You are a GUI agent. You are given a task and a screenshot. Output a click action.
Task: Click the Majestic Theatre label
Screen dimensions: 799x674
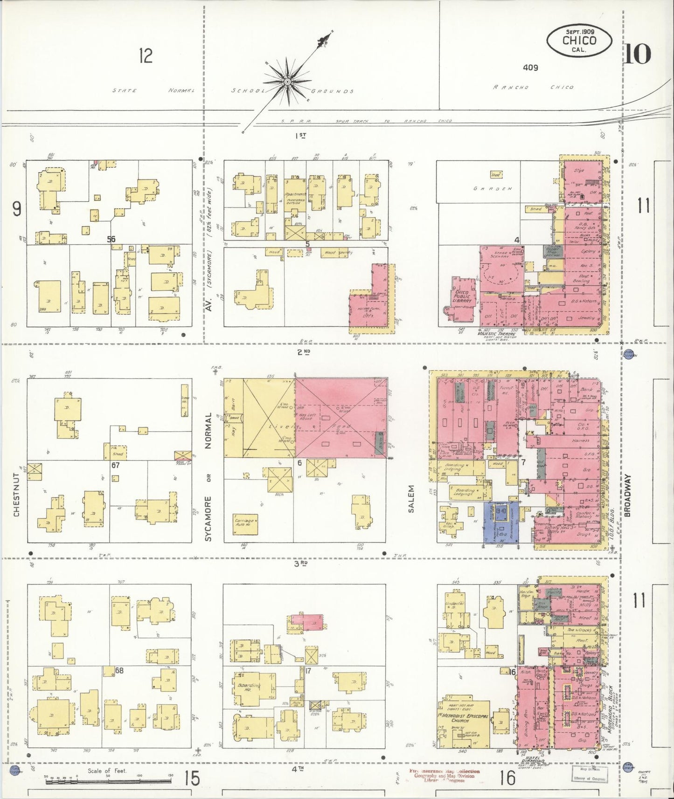[x=496, y=333]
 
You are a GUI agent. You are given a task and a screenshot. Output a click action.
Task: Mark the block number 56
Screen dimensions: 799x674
[x=111, y=239]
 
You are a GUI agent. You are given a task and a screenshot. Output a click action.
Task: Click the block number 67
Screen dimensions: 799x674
[x=116, y=465]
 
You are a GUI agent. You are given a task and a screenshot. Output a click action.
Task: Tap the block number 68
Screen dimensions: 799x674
[x=119, y=670]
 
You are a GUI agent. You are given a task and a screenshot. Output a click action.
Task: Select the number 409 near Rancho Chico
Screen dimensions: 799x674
[x=530, y=68]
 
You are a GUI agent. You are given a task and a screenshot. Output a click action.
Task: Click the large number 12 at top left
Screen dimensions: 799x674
[x=146, y=56]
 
